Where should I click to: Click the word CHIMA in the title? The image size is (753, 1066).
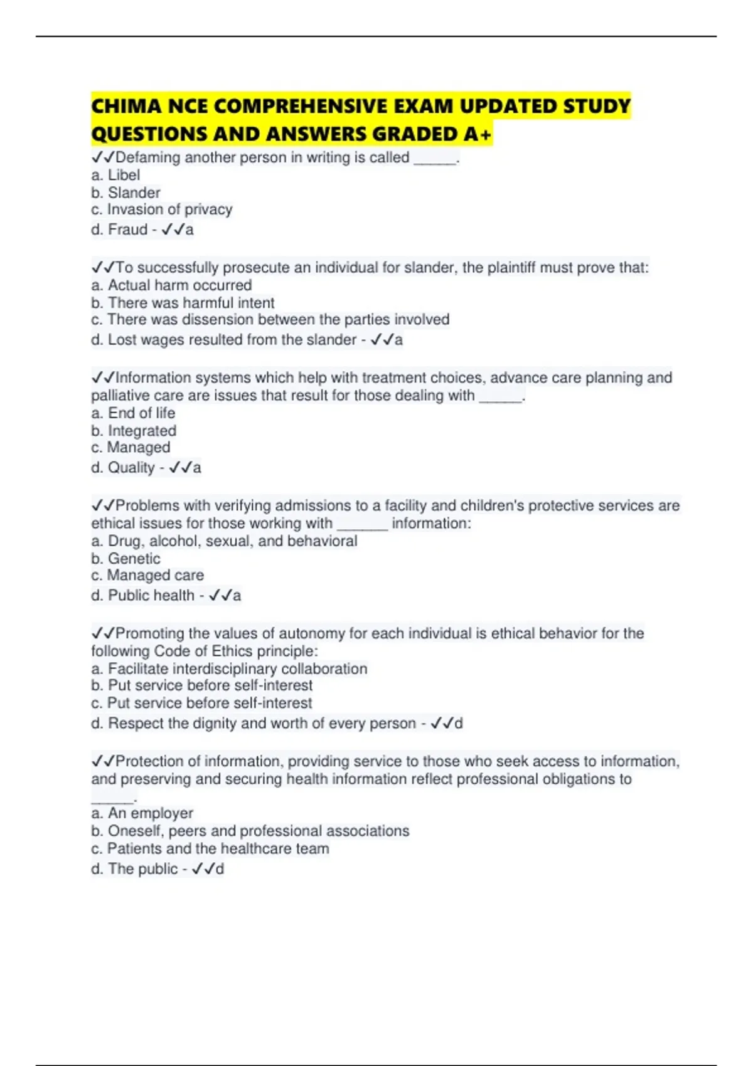(x=126, y=106)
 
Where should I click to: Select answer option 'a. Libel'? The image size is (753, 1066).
(x=115, y=175)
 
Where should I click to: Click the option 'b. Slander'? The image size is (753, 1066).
(x=125, y=193)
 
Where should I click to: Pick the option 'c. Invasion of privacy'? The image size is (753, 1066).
(x=161, y=209)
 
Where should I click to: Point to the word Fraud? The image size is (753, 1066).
(x=127, y=230)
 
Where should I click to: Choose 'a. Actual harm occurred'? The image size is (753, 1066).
(x=171, y=285)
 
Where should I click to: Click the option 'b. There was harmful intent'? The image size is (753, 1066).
(x=183, y=303)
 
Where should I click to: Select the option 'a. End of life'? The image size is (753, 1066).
(x=133, y=413)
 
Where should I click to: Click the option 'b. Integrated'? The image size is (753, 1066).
(x=134, y=431)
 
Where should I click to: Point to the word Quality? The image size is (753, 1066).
(x=131, y=468)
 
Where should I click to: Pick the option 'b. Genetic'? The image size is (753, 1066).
(x=125, y=559)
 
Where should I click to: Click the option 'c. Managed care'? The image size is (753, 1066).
(x=147, y=576)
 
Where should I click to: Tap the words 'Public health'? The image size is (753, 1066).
(x=151, y=596)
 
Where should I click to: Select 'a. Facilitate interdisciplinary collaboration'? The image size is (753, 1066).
(x=229, y=669)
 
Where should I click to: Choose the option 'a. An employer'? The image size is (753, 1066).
(x=142, y=813)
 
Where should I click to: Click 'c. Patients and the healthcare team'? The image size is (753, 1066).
(x=210, y=849)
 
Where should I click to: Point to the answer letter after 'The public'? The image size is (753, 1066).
(x=220, y=869)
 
